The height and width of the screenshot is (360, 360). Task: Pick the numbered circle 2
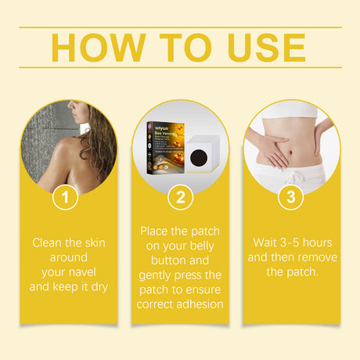[180, 197]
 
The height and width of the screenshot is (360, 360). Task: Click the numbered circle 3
[291, 197]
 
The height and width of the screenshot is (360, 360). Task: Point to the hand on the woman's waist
[262, 149]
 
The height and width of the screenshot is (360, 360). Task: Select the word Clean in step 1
[48, 243]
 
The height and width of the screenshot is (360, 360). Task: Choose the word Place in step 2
[155, 232]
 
